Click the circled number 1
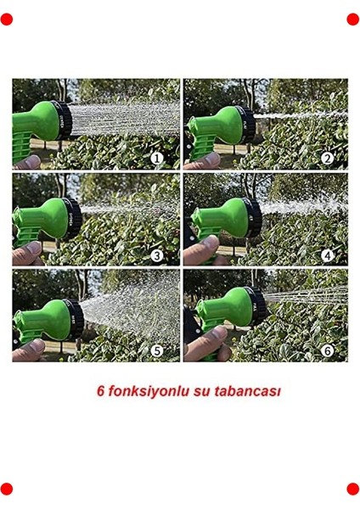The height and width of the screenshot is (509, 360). pyautogui.click(x=156, y=158)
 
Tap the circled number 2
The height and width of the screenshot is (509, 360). pyautogui.click(x=327, y=158)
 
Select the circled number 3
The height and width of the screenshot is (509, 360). pyautogui.click(x=156, y=255)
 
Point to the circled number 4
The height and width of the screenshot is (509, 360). pyautogui.click(x=327, y=255)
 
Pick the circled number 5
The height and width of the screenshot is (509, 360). pyautogui.click(x=156, y=350)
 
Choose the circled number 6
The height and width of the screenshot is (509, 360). pyautogui.click(x=327, y=350)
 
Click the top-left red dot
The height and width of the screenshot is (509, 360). pyautogui.click(x=7, y=19)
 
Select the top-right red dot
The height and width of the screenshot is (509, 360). pyautogui.click(x=353, y=19)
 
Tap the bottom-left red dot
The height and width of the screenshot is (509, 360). pyautogui.click(x=7, y=489)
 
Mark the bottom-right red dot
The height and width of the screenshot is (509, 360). pyautogui.click(x=353, y=489)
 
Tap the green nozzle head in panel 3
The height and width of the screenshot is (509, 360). pyautogui.click(x=55, y=219)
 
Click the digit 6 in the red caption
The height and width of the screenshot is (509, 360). pyautogui.click(x=99, y=392)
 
